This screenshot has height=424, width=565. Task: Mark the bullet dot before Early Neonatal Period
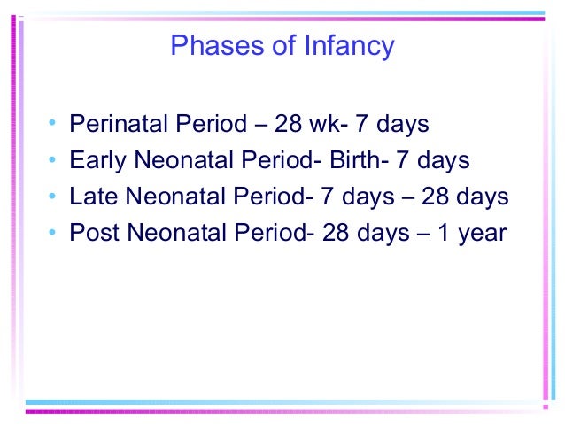point(54,160)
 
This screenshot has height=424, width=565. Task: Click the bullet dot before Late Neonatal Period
point(54,197)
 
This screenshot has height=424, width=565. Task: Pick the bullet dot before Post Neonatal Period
point(54,233)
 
